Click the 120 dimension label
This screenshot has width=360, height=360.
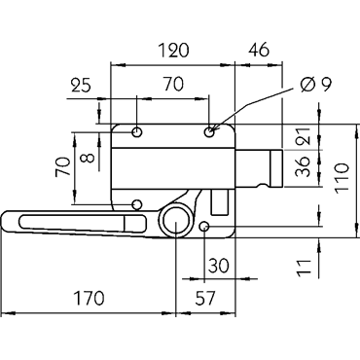pyautogui.click(x=173, y=51)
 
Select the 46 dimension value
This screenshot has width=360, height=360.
pyautogui.click(x=259, y=50)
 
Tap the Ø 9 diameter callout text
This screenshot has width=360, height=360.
pyautogui.click(x=315, y=85)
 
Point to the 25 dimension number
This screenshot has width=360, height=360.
pyautogui.click(x=81, y=86)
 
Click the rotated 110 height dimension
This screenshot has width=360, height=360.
pyautogui.click(x=342, y=178)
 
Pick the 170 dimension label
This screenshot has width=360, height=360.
pyautogui.click(x=90, y=298)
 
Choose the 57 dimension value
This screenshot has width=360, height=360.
pyautogui.click(x=205, y=298)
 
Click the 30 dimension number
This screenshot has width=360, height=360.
pyautogui.click(x=218, y=266)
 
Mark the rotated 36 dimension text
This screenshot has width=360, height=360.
pyautogui.click(x=304, y=166)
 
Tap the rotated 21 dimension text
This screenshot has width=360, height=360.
pyautogui.click(x=304, y=135)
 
